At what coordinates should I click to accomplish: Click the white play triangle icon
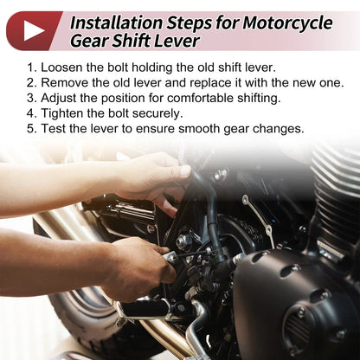pyautogui.click(x=33, y=30)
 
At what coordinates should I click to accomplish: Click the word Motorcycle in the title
pyautogui.click(x=287, y=22)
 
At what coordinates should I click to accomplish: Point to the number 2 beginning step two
pyautogui.click(x=30, y=83)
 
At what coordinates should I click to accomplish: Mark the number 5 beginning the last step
pyautogui.click(x=30, y=129)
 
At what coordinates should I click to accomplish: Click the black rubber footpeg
pyautogui.click(x=145, y=310)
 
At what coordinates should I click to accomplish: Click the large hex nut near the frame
pyautogui.click(x=183, y=241)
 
